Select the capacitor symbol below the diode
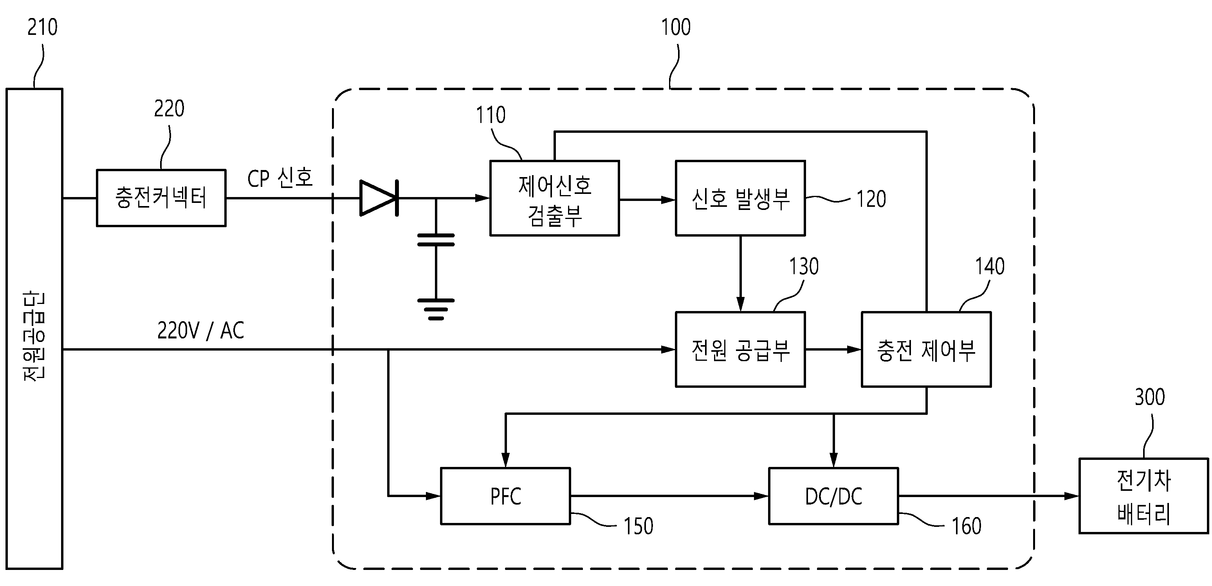click(436, 240)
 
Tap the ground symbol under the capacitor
click(436, 309)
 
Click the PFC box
click(505, 496)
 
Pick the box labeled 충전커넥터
click(161, 198)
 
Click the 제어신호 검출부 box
click(555, 198)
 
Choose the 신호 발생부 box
click(741, 198)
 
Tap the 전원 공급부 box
click(741, 350)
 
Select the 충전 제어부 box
click(926, 350)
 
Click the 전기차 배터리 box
click(1144, 496)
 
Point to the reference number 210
click(42, 27)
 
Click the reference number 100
click(676, 27)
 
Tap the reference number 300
click(1150, 397)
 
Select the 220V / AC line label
click(201, 331)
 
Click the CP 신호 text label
click(280, 178)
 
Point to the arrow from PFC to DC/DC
click(669, 496)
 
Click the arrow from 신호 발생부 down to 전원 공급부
click(741, 273)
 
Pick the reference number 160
click(967, 526)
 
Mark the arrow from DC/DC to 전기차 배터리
click(988, 496)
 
